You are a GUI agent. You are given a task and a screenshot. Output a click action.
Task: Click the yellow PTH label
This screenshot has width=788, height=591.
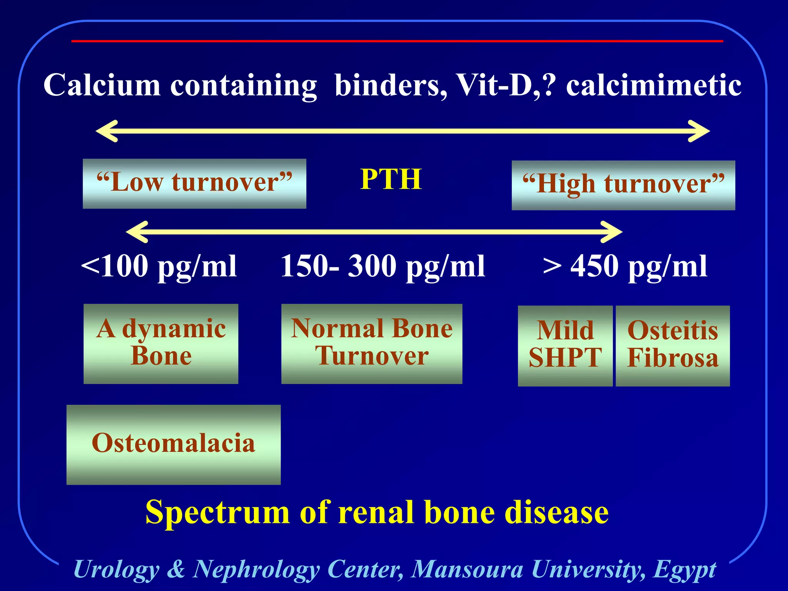click(391, 179)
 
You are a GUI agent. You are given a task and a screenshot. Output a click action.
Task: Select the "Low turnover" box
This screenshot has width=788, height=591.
click(194, 184)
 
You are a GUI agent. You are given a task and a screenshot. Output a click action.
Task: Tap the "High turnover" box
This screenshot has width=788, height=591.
click(623, 185)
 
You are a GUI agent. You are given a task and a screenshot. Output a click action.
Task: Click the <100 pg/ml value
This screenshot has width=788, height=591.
click(159, 266)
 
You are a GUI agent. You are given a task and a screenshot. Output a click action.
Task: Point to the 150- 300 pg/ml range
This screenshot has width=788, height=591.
click(382, 266)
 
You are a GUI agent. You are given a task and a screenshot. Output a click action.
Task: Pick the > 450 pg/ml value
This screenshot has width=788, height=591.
click(625, 266)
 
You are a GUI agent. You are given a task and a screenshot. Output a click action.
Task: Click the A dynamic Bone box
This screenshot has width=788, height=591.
click(161, 344)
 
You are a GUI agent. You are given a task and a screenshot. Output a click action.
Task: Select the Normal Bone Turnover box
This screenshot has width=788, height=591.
click(372, 344)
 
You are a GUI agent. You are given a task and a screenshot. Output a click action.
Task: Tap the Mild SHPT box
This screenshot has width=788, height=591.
click(565, 346)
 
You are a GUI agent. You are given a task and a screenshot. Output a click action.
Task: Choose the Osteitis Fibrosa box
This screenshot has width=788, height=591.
click(673, 346)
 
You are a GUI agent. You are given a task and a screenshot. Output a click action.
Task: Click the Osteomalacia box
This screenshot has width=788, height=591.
click(174, 444)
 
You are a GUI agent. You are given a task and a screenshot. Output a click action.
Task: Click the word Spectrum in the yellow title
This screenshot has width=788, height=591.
click(217, 513)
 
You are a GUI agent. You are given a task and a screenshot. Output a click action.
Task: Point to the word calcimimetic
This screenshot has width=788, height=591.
click(653, 85)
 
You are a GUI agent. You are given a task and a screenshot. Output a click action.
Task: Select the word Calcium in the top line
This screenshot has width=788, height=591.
click(102, 85)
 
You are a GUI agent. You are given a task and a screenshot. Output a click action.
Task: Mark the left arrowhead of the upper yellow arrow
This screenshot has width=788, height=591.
click(106, 131)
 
